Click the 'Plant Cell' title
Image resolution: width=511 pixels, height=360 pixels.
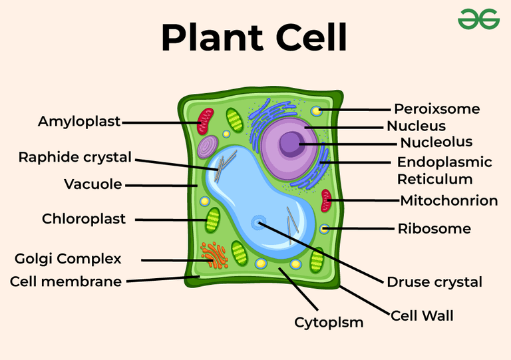click(254, 38)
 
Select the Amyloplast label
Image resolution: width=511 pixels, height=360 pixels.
click(79, 122)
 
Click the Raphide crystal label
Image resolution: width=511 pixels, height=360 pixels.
click(75, 158)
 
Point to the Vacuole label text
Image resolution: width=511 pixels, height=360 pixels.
click(93, 184)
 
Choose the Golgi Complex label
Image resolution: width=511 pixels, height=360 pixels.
click(68, 258)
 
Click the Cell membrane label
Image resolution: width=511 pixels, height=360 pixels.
click(66, 281)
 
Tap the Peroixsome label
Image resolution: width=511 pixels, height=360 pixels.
click(436, 109)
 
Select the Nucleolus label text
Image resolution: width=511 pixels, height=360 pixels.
click(436, 142)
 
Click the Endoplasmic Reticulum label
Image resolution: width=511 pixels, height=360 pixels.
click(444, 170)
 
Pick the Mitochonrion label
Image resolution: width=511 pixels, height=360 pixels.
click(448, 201)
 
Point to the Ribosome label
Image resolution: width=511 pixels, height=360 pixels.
click(434, 229)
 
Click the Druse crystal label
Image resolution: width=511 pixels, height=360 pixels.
click(434, 282)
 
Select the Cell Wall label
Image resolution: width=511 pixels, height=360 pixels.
click(422, 315)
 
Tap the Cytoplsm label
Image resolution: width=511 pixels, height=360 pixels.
click(329, 323)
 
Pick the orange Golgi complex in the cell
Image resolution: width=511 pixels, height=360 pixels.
click(213, 252)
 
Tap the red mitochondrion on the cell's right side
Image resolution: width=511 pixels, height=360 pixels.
click(326, 200)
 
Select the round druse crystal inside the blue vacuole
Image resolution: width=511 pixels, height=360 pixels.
click(257, 223)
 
